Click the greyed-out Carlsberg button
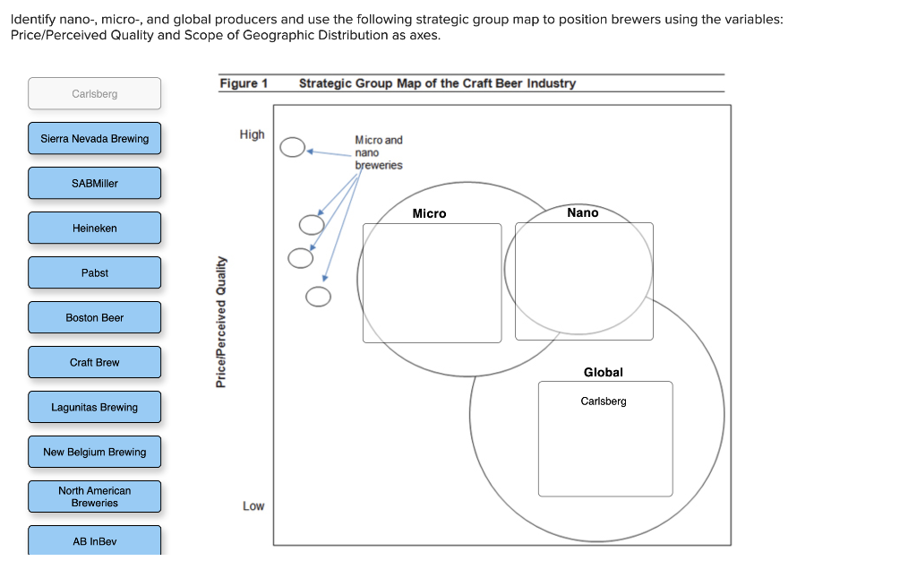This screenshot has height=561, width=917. click(x=94, y=94)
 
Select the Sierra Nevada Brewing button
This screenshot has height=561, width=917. click(x=94, y=139)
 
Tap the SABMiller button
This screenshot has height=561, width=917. click(x=94, y=184)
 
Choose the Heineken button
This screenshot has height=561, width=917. click(x=94, y=229)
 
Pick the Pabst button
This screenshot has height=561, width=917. click(x=94, y=273)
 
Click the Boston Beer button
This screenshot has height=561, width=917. click(x=94, y=318)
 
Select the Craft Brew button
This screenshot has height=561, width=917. click(x=94, y=363)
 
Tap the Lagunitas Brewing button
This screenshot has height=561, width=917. click(x=94, y=408)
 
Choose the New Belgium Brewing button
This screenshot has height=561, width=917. click(x=94, y=453)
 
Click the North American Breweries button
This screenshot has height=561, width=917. click(x=94, y=496)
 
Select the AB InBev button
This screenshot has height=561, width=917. click(x=94, y=541)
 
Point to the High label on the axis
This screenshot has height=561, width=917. click(x=252, y=134)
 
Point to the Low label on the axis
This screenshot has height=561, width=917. click(x=253, y=506)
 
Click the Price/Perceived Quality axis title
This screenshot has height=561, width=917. click(x=221, y=322)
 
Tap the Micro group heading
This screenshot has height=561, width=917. click(x=429, y=213)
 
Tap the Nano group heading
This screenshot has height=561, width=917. click(x=582, y=212)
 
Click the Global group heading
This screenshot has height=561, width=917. click(x=603, y=372)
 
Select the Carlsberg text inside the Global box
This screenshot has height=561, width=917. click(x=604, y=401)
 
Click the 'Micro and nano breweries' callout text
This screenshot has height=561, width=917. click(x=379, y=152)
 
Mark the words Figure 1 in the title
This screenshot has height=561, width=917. click(x=244, y=83)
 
